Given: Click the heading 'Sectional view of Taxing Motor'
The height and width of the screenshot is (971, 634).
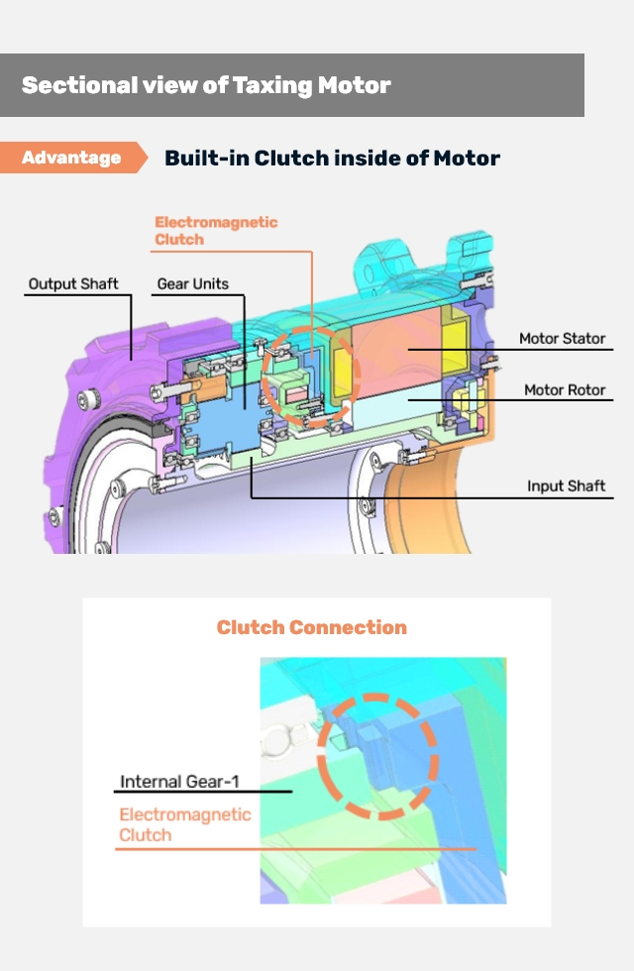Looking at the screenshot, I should [x=206, y=85].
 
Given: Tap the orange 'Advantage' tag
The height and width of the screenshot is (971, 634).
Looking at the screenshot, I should [x=71, y=158].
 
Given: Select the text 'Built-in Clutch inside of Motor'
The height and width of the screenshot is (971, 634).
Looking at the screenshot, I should [x=332, y=158].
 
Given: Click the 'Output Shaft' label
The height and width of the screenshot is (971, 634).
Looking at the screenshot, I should [x=73, y=284].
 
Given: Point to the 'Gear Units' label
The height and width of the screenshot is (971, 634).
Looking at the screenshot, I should [x=192, y=284].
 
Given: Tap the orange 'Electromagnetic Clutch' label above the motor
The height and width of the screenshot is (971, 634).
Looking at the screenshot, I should [x=216, y=231].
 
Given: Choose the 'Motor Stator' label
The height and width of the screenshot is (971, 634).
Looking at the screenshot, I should [x=562, y=339].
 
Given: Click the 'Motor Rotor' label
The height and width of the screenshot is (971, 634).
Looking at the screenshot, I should [x=565, y=390].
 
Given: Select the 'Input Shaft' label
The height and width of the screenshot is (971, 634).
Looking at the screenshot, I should [x=566, y=486].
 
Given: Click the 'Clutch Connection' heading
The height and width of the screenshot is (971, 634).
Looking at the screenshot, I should [x=311, y=627].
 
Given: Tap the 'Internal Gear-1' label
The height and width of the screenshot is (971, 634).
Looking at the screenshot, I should [x=179, y=782].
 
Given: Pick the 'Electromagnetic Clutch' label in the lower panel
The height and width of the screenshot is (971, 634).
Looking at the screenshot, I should [x=185, y=824].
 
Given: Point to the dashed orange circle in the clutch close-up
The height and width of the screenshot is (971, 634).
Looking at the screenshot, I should [x=376, y=756].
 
